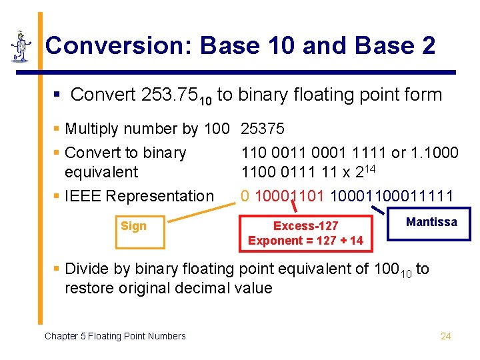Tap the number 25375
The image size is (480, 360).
263,129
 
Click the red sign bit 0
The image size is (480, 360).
245,196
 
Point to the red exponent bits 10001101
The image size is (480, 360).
290,196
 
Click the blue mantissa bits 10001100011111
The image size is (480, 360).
392,196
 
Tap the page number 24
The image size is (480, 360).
446,336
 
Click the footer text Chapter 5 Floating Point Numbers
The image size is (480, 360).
115,336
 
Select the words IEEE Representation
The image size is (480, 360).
139,196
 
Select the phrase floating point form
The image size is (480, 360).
373,95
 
